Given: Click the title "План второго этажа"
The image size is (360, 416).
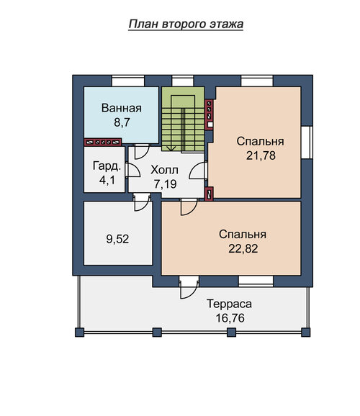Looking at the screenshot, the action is click(186, 24).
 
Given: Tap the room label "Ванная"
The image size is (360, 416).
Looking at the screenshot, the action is click(122, 108).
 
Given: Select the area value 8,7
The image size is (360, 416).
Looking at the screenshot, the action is click(122, 122).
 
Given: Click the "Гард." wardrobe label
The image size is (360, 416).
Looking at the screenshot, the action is click(107, 166).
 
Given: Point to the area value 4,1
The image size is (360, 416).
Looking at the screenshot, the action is click(107, 180).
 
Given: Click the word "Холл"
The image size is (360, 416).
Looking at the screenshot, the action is click(164, 170).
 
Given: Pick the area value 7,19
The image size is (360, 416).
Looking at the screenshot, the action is click(166, 184).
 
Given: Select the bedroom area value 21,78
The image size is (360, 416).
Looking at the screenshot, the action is click(261, 155).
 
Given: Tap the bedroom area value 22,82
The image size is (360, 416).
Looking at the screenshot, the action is click(243, 248).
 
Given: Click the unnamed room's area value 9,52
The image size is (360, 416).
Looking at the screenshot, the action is click(117, 239).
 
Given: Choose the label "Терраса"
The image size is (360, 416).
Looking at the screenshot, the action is click(230, 304).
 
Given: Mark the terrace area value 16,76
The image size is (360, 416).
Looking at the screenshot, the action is click(230, 318).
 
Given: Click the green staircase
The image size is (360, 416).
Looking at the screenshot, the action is click(183, 119).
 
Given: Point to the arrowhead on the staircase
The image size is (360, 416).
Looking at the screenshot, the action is click(171, 148).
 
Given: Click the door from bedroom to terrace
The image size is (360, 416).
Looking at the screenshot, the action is click(189, 289).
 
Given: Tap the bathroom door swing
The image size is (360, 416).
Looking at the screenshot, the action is click(142, 151).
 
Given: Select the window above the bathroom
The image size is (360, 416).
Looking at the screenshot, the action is click(128, 81).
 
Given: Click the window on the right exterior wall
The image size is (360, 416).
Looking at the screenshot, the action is click(307, 143).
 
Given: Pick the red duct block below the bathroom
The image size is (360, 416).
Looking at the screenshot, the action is click(103, 143).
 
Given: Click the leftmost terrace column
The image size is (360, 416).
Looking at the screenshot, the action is click(80, 333).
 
